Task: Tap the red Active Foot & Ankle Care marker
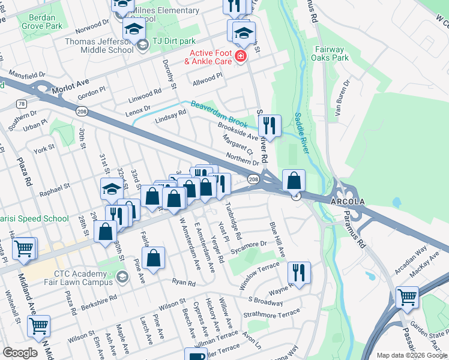tap(241, 56)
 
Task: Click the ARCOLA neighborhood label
tap(346, 199)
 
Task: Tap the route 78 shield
tap(22, 104)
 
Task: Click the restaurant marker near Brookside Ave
tap(270, 126)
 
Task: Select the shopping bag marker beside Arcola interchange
tap(294, 180)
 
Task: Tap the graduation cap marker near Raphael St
tap(112, 190)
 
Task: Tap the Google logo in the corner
tap(20, 353)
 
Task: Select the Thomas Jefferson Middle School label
tap(100, 46)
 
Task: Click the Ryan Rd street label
tap(184, 283)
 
